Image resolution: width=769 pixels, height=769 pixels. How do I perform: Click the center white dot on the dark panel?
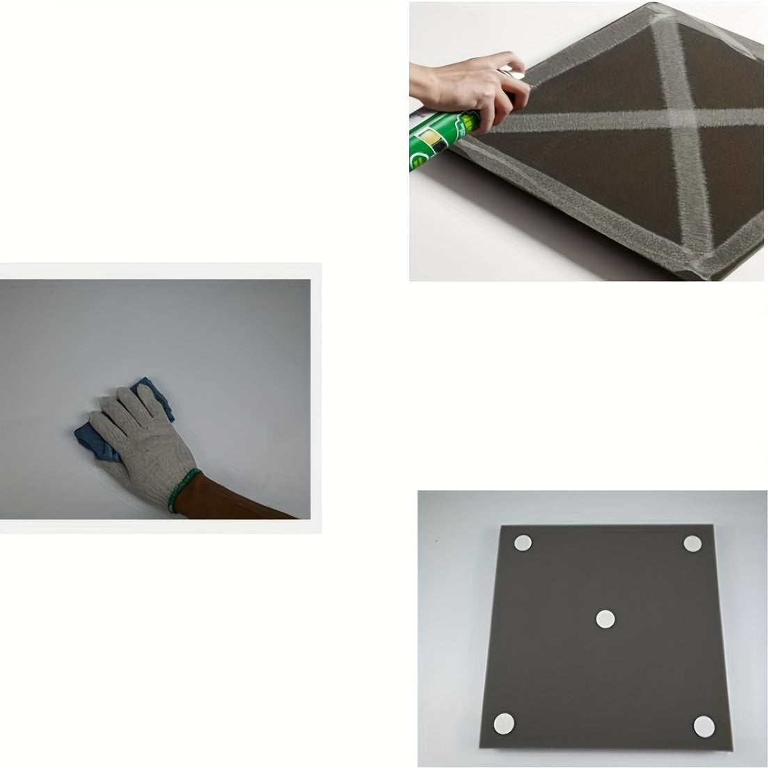(x=605, y=617)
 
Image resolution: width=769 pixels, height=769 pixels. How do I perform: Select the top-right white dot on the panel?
(x=692, y=544)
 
